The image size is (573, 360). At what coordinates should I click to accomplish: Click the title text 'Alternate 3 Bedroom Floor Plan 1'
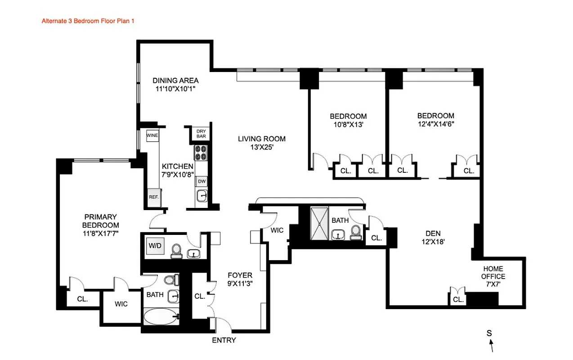(88, 21)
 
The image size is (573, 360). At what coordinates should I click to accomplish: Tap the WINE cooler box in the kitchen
(152, 135)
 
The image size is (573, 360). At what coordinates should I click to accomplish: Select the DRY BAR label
(201, 134)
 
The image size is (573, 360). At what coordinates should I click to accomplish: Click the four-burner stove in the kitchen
(200, 153)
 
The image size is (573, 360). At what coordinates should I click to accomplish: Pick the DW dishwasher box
(202, 181)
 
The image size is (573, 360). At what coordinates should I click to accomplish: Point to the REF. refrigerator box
(154, 197)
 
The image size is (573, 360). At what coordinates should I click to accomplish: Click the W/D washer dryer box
(154, 246)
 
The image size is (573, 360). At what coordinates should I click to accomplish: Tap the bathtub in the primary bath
(161, 316)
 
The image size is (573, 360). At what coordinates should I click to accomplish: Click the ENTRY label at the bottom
(224, 340)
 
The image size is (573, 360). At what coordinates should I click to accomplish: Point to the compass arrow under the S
(492, 346)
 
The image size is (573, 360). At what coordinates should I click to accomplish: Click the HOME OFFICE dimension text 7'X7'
(493, 284)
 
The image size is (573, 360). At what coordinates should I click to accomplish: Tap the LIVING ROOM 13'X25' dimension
(262, 147)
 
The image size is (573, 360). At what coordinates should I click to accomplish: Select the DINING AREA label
(175, 81)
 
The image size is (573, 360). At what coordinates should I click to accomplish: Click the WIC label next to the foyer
(277, 230)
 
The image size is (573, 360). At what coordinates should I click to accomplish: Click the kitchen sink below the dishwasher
(202, 196)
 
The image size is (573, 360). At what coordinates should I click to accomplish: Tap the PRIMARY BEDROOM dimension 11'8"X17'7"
(101, 234)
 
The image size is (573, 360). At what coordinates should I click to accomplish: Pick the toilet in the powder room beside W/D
(176, 251)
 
